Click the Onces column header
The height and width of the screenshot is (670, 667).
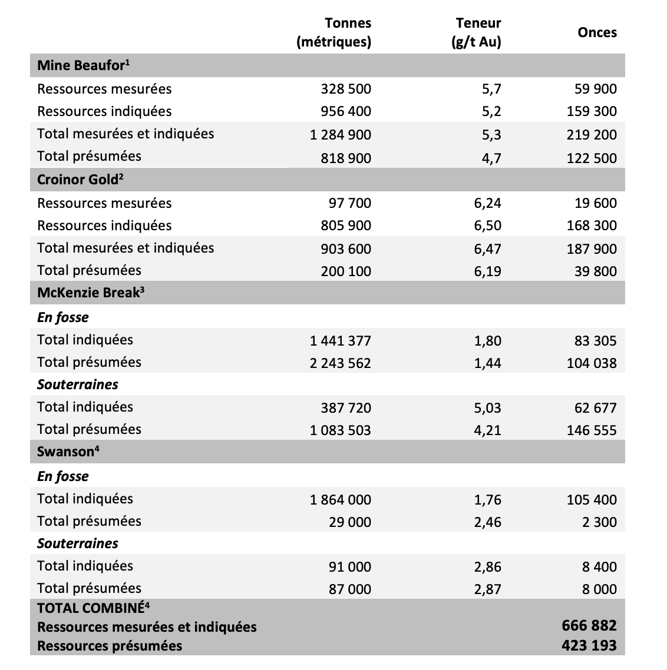597,33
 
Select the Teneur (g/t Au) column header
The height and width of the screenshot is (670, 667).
478,32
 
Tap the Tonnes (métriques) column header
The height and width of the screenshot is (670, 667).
334,32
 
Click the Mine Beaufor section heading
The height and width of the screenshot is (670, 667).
82,65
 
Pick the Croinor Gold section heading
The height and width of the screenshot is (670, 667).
80,180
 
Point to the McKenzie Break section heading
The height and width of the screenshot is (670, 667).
91,293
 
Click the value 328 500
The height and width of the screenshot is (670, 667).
346,89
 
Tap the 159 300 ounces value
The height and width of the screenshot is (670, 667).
592,111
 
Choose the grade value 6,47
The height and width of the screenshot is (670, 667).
487,248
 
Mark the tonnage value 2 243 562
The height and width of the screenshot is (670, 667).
341,363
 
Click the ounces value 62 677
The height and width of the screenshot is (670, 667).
596,407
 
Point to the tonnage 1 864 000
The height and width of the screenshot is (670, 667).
341,500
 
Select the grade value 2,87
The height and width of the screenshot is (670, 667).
487,589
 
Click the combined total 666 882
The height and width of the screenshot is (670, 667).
589,626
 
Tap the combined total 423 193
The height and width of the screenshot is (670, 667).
589,646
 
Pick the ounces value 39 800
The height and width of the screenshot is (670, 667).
596,271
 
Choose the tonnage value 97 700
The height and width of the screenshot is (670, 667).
350,203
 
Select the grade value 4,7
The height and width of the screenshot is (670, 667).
491,158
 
